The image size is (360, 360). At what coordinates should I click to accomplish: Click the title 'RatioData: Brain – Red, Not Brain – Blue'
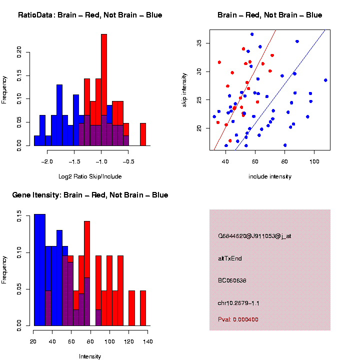point(90,15)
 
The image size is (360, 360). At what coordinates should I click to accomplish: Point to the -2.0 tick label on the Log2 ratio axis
point(47,162)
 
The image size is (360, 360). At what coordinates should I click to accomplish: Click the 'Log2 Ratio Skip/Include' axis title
point(90,176)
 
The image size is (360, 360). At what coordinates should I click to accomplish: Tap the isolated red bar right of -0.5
point(143,134)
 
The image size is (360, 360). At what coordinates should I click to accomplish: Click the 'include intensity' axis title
point(270,176)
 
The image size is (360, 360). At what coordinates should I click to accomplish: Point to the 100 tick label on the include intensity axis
point(314,161)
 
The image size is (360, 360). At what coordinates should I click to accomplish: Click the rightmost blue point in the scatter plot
point(325,80)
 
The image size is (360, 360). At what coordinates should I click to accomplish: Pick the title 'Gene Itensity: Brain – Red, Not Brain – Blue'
point(90,195)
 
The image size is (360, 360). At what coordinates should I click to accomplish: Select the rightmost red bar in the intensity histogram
point(143,308)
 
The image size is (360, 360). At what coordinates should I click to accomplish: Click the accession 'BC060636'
point(232,280)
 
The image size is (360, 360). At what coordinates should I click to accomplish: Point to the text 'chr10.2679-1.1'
point(238,303)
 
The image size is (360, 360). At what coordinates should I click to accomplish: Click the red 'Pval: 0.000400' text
point(238,319)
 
